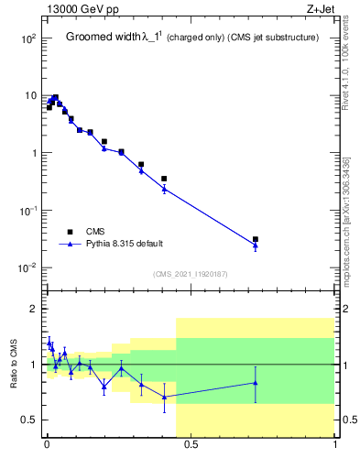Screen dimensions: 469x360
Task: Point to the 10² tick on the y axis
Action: pyautogui.click(x=28, y=39)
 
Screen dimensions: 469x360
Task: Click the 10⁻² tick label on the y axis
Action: pyautogui.click(x=28, y=267)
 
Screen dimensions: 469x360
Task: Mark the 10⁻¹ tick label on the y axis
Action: pyautogui.click(x=28, y=211)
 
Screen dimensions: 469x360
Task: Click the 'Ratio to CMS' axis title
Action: pyautogui.click(x=14, y=365)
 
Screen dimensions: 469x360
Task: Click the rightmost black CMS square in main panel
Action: pyautogui.click(x=256, y=239)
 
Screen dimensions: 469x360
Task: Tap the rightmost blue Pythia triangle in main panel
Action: pyautogui.click(x=256, y=245)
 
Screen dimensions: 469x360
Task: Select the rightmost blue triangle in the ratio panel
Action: pyautogui.click(x=256, y=383)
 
